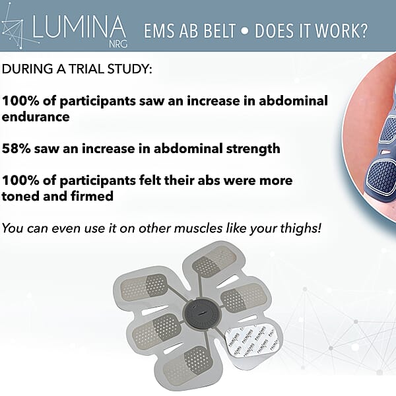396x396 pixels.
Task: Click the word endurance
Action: click(36, 117)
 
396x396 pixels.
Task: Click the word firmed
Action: click(92, 196)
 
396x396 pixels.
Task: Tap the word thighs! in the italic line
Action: click(300, 228)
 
